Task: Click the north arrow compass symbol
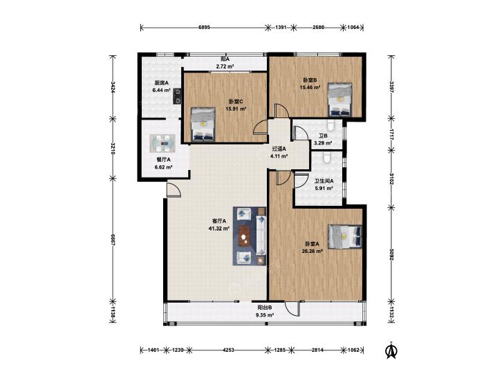[391, 350]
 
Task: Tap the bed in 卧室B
[339, 100]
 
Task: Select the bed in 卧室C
[203, 124]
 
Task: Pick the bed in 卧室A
[344, 236]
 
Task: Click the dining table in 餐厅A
[162, 143]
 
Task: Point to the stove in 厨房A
[177, 96]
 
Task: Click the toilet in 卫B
[330, 125]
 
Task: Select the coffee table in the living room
[245, 236]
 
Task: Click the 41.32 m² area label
[219, 229]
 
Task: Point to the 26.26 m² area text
[312, 251]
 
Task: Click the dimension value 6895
[204, 28]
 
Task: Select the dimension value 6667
[113, 240]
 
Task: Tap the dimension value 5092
[391, 254]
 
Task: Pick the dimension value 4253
[229, 350]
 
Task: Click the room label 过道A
[279, 149]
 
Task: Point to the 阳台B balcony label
[265, 308]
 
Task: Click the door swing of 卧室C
[261, 127]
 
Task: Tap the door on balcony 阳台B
[292, 308]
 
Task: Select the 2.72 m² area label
[225, 66]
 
